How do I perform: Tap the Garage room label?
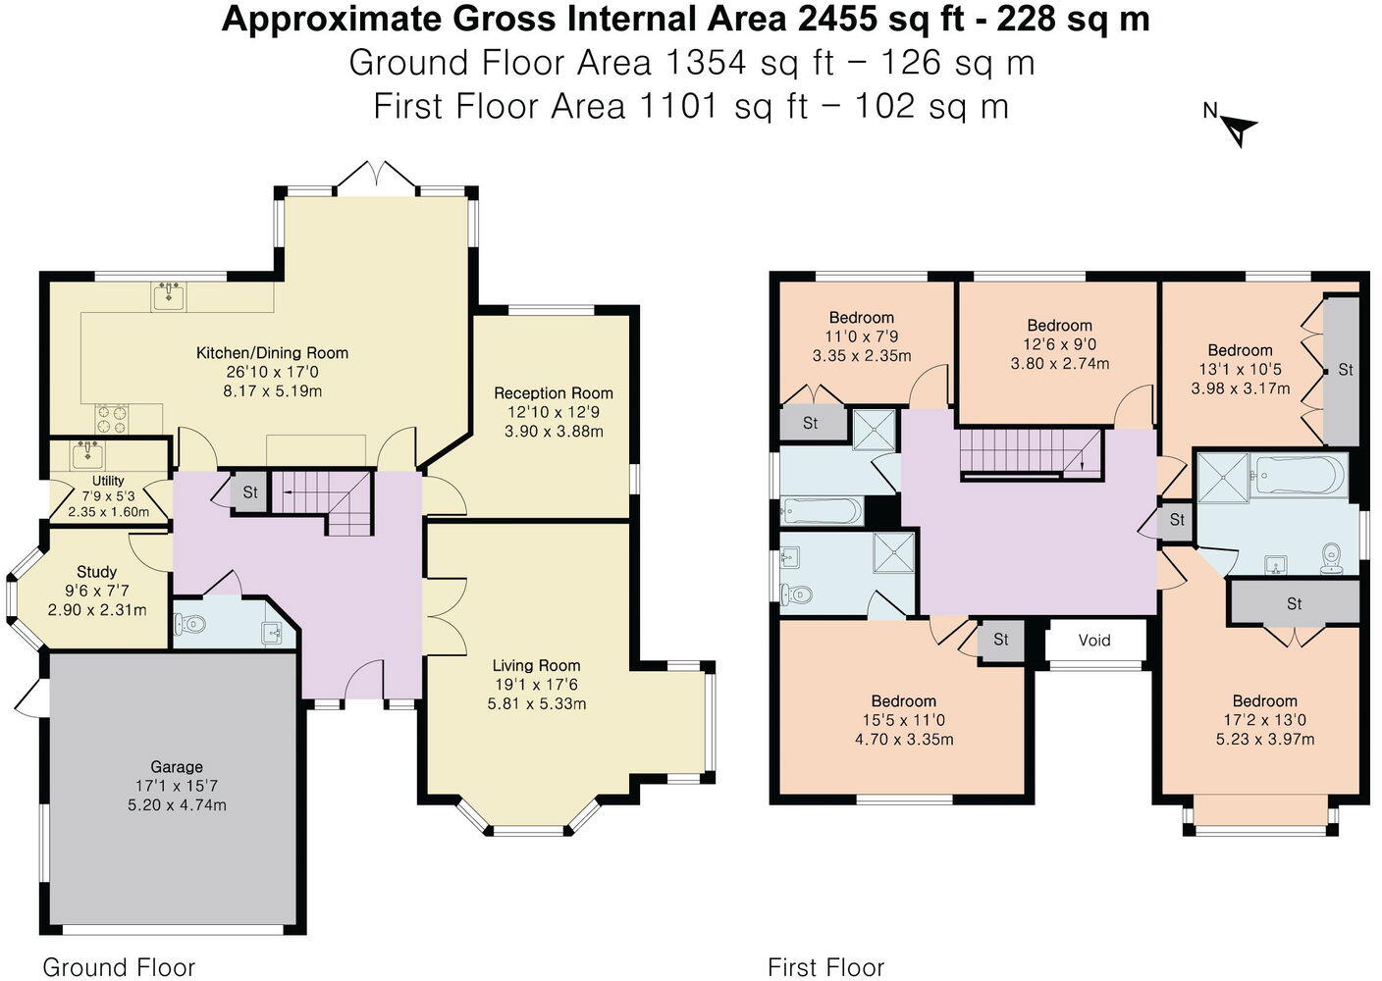tap(177, 767)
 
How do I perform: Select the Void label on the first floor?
tap(1094, 641)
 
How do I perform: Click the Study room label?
tap(96, 572)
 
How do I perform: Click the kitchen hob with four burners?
tap(114, 419)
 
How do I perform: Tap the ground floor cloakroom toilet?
tap(190, 623)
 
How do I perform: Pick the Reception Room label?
tap(553, 393)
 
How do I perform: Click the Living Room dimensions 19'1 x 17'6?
tap(536, 685)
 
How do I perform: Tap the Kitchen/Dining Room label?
tap(272, 353)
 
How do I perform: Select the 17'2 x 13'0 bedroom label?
tap(1264, 720)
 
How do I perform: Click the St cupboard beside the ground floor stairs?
tap(249, 492)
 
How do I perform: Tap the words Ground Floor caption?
tap(119, 968)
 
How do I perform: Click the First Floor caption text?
tap(825, 968)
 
